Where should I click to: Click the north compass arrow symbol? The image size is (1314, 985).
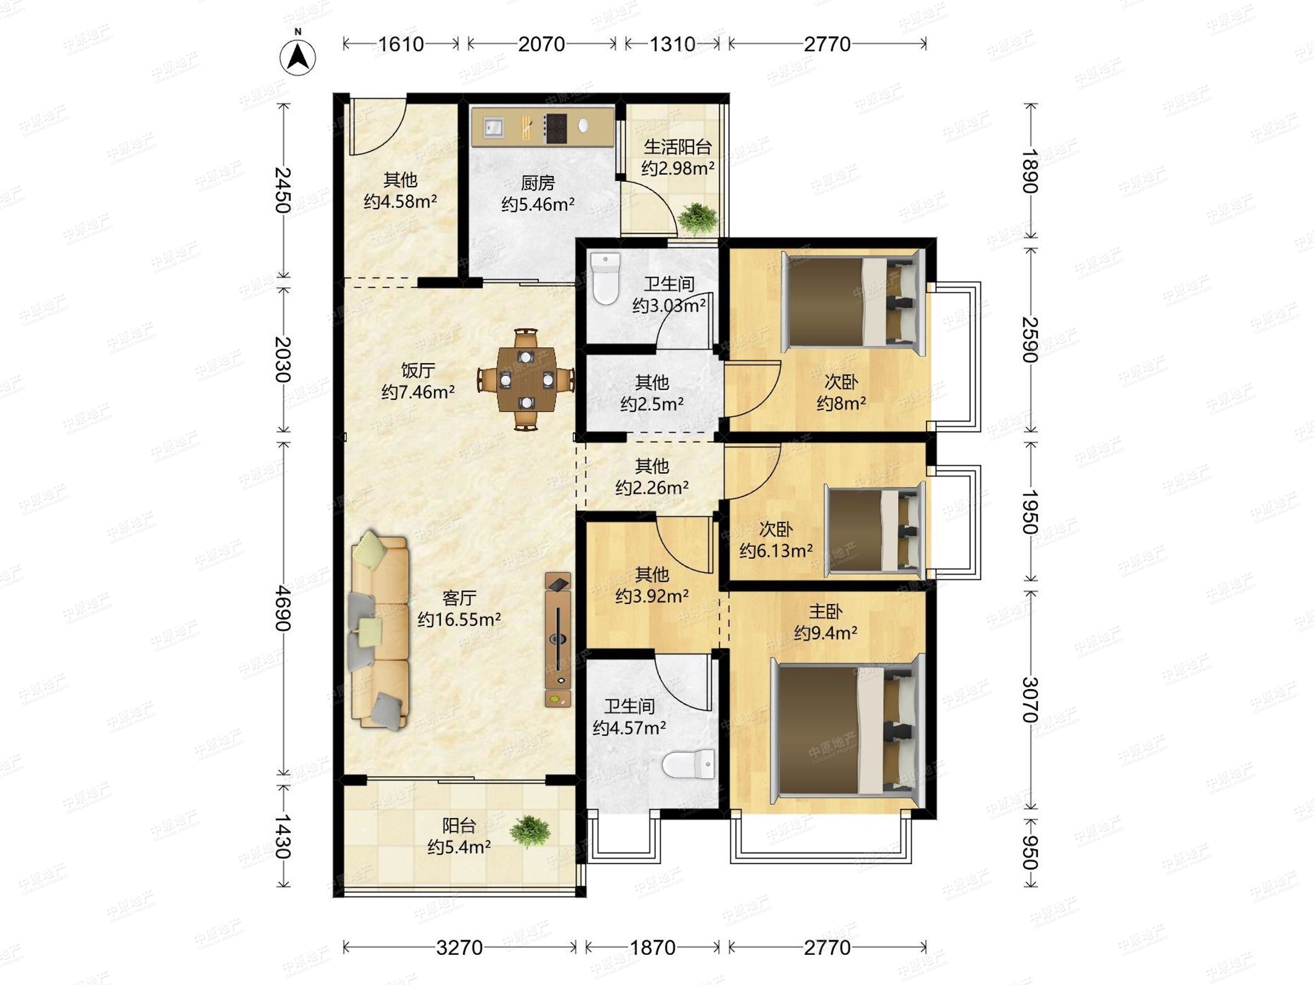298,57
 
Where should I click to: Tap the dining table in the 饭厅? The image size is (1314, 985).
526,379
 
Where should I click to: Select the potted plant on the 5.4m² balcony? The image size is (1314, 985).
530,831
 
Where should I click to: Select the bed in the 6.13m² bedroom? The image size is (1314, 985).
874,530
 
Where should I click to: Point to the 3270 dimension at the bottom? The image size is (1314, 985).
459,948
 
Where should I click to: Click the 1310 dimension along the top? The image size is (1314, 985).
672,44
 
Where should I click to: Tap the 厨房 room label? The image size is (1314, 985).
538,182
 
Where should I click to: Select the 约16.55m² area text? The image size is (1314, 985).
459,619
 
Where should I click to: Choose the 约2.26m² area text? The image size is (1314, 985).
652,488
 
